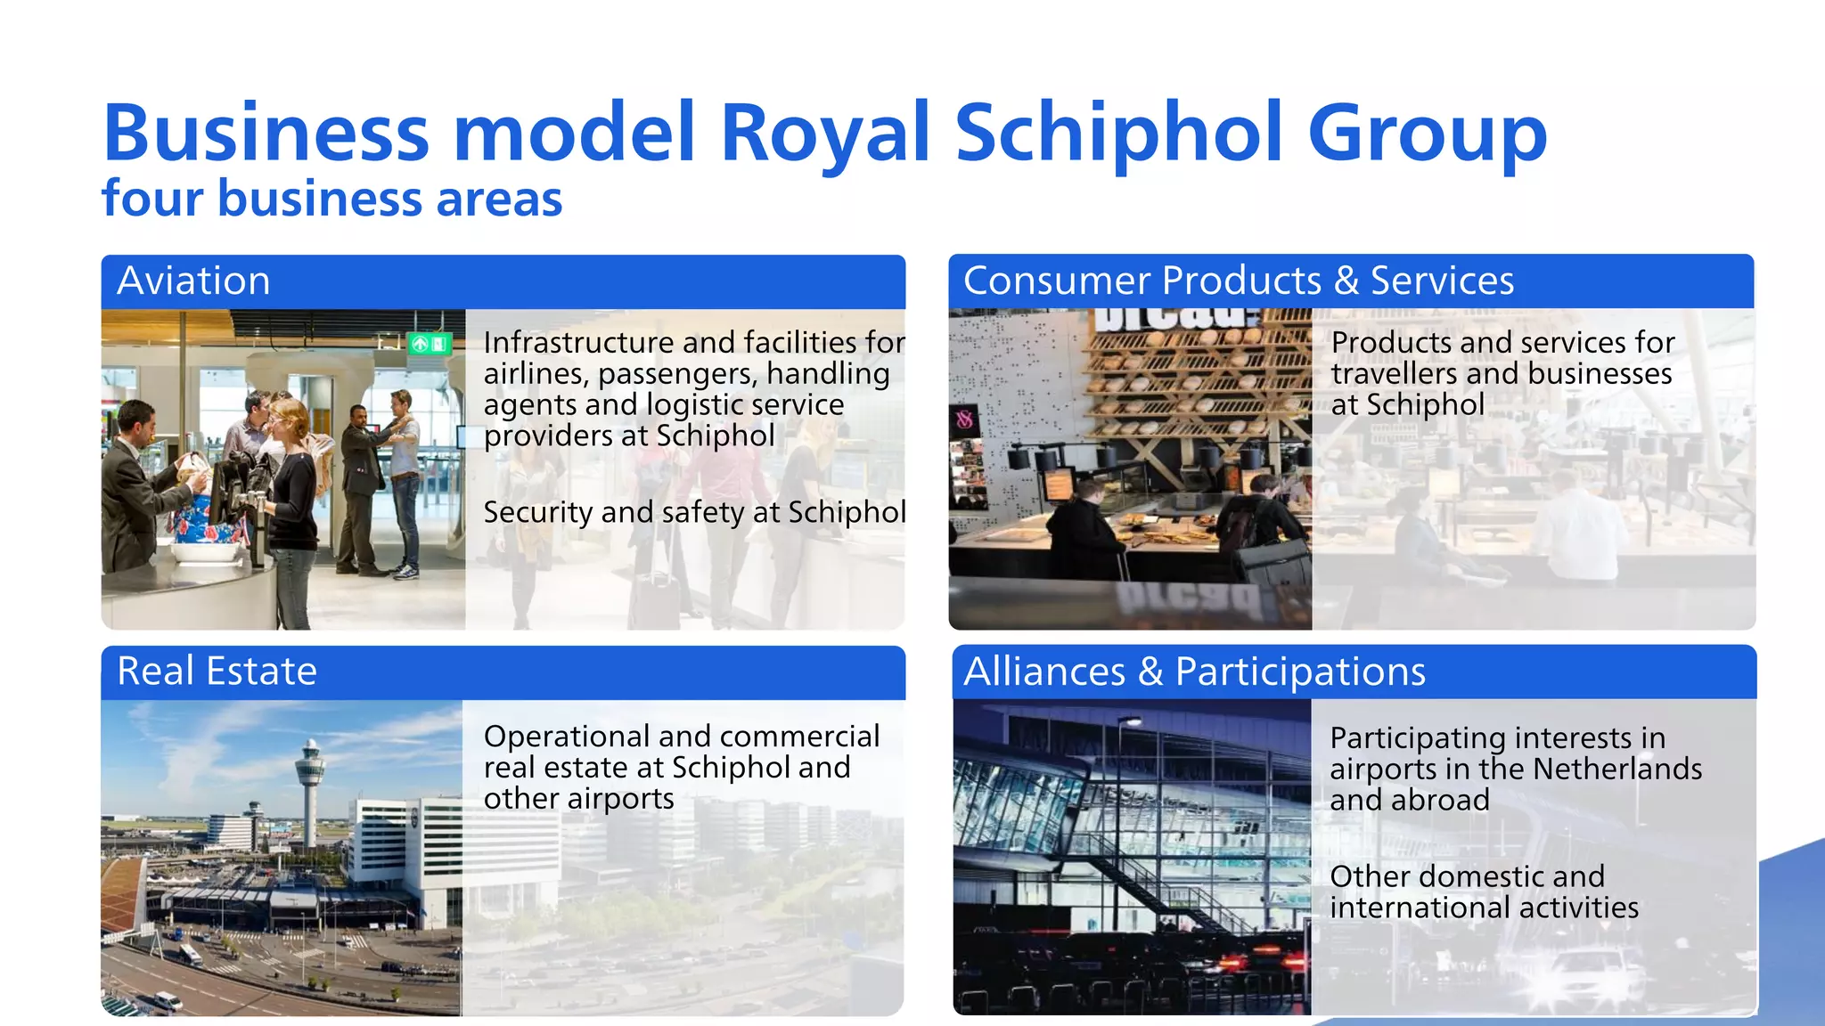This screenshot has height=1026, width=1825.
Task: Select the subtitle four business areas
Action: [331, 199]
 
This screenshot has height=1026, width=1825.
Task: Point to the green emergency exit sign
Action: [429, 343]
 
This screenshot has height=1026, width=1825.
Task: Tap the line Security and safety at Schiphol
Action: [694, 513]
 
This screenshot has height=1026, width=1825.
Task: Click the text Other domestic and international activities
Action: [1484, 892]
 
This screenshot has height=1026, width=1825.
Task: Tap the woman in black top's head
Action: [289, 416]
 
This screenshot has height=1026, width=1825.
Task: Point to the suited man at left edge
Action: [134, 481]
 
